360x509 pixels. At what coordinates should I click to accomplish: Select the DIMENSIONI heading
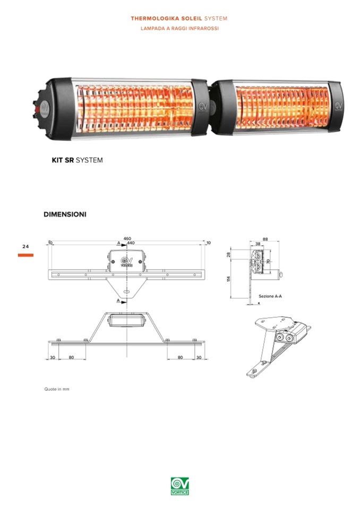[65, 214]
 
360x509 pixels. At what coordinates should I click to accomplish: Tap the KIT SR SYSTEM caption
[78, 160]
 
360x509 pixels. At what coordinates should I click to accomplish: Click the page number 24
[25, 247]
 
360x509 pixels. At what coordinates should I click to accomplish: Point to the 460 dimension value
[127, 239]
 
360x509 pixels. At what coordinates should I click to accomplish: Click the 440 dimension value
[131, 243]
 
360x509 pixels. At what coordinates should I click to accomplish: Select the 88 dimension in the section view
[265, 239]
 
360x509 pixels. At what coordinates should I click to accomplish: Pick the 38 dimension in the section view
[258, 244]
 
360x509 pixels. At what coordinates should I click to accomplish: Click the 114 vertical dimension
[228, 279]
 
